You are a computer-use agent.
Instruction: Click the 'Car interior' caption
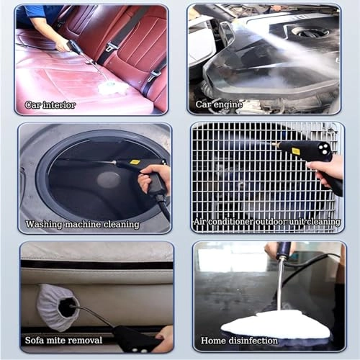point(50,105)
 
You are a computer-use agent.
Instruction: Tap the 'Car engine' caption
point(219,105)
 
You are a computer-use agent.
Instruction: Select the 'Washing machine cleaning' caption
point(82,225)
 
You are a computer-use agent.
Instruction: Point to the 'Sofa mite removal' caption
point(63,340)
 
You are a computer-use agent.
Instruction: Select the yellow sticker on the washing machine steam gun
point(135,162)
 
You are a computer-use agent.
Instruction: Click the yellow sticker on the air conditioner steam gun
point(296,150)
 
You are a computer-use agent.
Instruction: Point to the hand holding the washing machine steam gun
point(156,179)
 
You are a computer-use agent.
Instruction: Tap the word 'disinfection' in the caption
point(249,341)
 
